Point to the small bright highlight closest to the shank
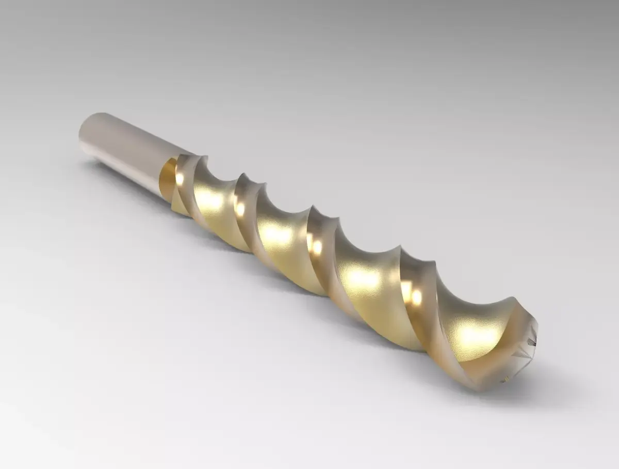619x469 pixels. [x=179, y=178]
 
